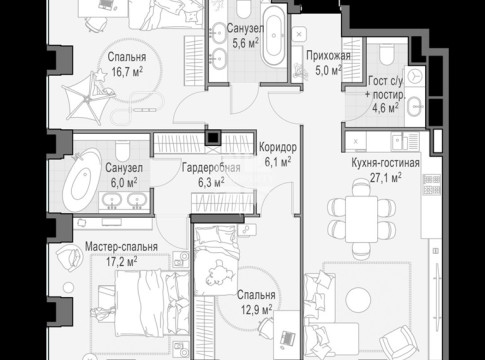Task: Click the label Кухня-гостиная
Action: [385, 163]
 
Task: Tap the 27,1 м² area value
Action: [385, 178]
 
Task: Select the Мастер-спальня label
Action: [121, 247]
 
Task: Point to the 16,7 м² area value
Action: [127, 71]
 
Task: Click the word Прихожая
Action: [328, 56]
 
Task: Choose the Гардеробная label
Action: [211, 168]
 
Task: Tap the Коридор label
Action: [278, 147]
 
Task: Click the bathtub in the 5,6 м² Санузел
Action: [274, 36]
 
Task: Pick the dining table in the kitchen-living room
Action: [362, 219]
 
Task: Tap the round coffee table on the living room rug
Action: [358, 300]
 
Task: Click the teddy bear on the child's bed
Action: [219, 273]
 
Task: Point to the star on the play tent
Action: [100, 75]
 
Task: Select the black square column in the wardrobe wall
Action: [213, 138]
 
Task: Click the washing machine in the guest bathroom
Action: [415, 76]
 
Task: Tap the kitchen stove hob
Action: [432, 185]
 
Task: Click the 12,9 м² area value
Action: [256, 310]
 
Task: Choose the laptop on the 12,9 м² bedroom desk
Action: [287, 338]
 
